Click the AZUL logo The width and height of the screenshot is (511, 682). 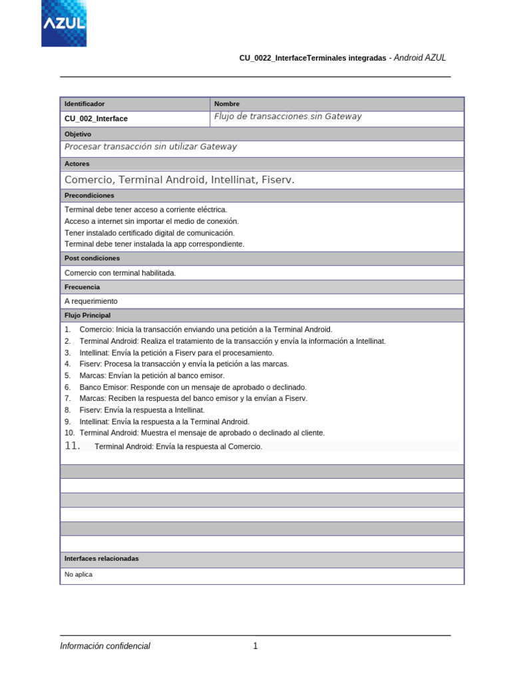point(64,23)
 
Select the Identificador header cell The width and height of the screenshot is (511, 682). point(85,104)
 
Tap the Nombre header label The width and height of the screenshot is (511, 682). point(227,104)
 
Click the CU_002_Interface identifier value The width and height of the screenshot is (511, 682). point(96,119)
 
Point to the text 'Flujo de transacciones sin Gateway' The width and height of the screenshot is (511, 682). point(287,117)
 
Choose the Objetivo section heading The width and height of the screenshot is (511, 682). point(78,134)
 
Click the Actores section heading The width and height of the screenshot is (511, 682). point(77,164)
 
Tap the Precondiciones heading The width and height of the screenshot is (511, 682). point(89,196)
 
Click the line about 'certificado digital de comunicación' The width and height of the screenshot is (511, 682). point(149,232)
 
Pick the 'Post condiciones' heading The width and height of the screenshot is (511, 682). point(92,258)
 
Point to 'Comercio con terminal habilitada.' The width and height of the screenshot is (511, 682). point(120,273)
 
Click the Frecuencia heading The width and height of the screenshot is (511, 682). point(83,287)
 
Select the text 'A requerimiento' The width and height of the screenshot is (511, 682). point(91,302)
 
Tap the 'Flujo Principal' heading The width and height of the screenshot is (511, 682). point(87,316)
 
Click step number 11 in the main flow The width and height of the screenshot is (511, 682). point(73,446)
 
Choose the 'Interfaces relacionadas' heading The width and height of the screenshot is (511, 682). point(102,559)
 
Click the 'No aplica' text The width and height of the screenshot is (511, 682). point(79,574)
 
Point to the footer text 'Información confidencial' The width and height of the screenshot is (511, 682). point(105,646)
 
